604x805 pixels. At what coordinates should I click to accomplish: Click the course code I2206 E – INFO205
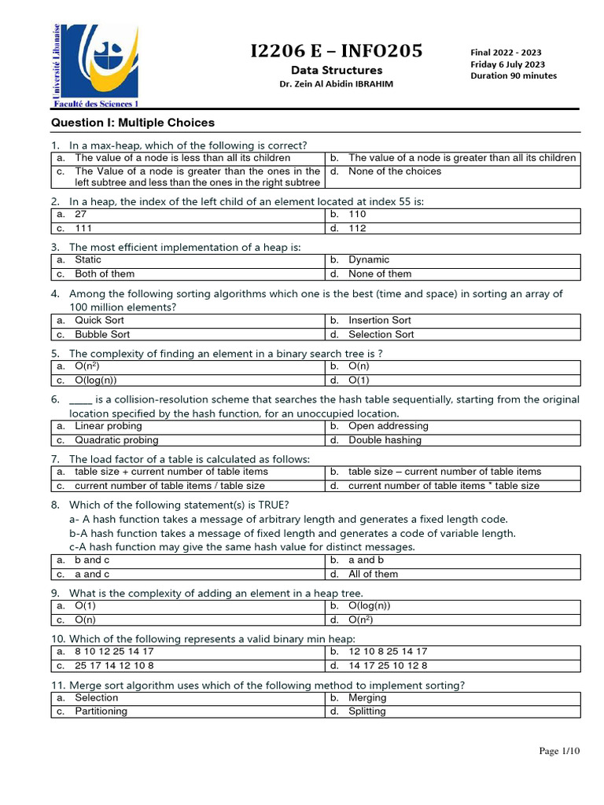coord(336,52)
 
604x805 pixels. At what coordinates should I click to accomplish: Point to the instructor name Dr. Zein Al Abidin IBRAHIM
coord(336,84)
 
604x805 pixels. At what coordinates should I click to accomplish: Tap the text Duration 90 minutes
coord(513,76)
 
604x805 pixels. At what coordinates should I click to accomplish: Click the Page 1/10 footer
coord(558,752)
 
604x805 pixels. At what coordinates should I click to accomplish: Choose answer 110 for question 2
coord(358,214)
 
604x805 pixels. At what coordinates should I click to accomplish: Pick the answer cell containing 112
coord(358,228)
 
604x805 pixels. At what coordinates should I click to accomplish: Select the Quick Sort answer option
coord(99,320)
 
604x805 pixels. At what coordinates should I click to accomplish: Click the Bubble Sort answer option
coord(102,334)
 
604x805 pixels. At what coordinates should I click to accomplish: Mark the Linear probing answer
coord(108,426)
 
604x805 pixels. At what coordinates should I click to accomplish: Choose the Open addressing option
coord(388,426)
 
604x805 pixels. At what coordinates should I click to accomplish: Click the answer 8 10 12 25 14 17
coord(114,652)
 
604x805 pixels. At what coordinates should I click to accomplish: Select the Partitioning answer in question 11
coord(101,711)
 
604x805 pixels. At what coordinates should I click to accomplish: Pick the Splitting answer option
coord(366,711)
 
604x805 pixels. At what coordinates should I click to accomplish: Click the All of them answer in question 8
coord(373,574)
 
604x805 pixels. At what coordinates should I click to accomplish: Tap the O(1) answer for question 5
coord(359,380)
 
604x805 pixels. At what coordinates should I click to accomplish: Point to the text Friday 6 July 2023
coord(507,64)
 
